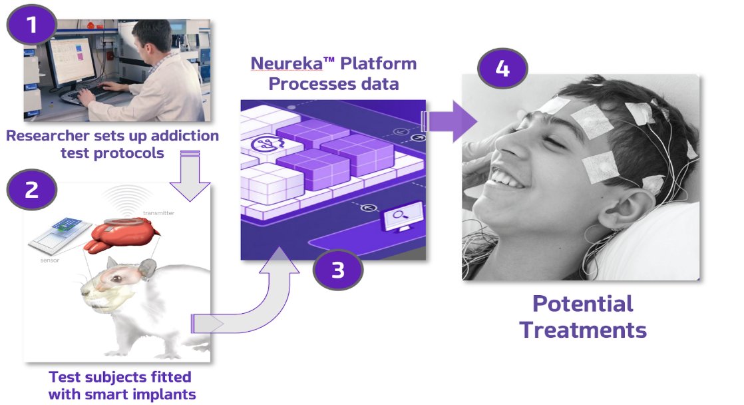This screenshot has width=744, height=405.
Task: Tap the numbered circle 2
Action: [31, 189]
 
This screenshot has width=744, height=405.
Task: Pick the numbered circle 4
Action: [502, 68]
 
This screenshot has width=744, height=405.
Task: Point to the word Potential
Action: [582, 304]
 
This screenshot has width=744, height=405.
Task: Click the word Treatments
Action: [583, 330]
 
